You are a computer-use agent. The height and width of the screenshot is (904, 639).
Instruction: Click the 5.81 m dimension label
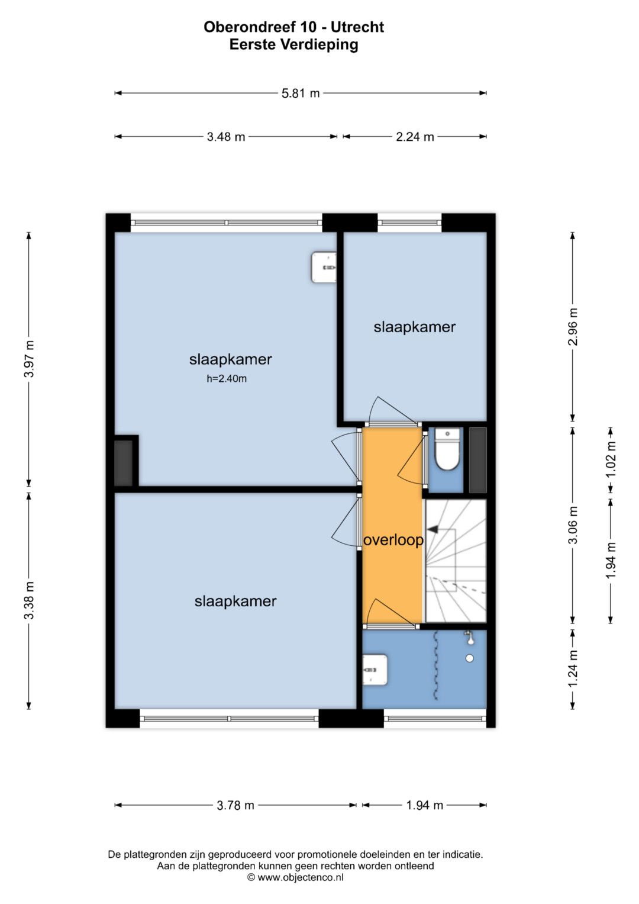pyautogui.click(x=300, y=93)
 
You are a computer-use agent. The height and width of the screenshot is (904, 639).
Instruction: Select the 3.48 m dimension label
pyautogui.click(x=226, y=137)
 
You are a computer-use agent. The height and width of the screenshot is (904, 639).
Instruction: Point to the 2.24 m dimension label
pyautogui.click(x=415, y=137)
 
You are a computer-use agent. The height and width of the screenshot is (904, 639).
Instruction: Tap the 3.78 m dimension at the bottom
pyautogui.click(x=235, y=806)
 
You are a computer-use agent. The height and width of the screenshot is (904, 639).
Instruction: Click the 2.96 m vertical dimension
pyautogui.click(x=573, y=327)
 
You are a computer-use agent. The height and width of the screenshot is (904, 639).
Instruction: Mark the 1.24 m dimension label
pyautogui.click(x=573, y=668)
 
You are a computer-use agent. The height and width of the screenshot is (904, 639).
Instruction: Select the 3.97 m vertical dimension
pyautogui.click(x=29, y=359)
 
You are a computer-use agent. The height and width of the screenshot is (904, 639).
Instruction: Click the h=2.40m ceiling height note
pyautogui.click(x=227, y=378)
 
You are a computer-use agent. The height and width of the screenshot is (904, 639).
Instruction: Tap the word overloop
pyautogui.click(x=393, y=540)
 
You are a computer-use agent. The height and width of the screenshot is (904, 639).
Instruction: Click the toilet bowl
pyautogui.click(x=447, y=449)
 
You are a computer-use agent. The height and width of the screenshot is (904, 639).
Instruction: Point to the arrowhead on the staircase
pyautogui.click(x=433, y=528)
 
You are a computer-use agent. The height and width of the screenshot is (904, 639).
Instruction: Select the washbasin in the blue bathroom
pyautogui.click(x=375, y=670)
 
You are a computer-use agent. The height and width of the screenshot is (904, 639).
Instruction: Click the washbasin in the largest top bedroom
pyautogui.click(x=324, y=267)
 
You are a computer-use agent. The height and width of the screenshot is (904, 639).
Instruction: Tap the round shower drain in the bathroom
pyautogui.click(x=470, y=659)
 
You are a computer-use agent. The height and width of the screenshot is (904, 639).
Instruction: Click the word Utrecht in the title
pyautogui.click(x=357, y=27)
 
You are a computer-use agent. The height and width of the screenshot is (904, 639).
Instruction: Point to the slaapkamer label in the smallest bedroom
pyautogui.click(x=414, y=327)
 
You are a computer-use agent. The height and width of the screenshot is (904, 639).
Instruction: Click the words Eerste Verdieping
pyautogui.click(x=293, y=44)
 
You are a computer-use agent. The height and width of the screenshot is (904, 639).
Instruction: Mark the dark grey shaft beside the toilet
pyautogui.click(x=478, y=460)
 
